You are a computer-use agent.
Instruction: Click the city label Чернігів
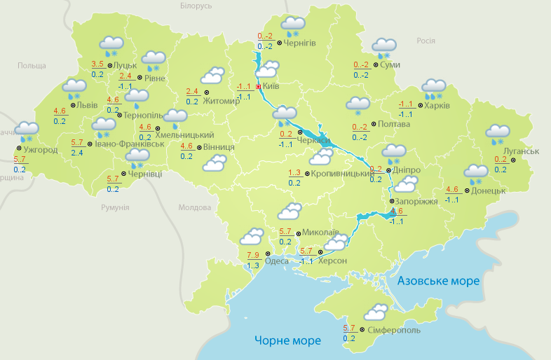(x=300, y=43)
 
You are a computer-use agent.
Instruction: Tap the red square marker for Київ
(x=259, y=87)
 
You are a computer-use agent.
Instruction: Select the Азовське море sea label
(x=438, y=281)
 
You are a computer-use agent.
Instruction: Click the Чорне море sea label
(x=287, y=340)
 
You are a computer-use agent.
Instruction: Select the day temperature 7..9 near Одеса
(x=254, y=254)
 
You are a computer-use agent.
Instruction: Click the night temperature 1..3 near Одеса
(x=253, y=265)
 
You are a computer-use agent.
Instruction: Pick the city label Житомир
(x=222, y=100)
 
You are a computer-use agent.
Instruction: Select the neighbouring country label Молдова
(x=195, y=208)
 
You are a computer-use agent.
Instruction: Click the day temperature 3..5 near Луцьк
(x=98, y=64)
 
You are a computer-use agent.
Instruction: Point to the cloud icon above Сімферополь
(x=376, y=312)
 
